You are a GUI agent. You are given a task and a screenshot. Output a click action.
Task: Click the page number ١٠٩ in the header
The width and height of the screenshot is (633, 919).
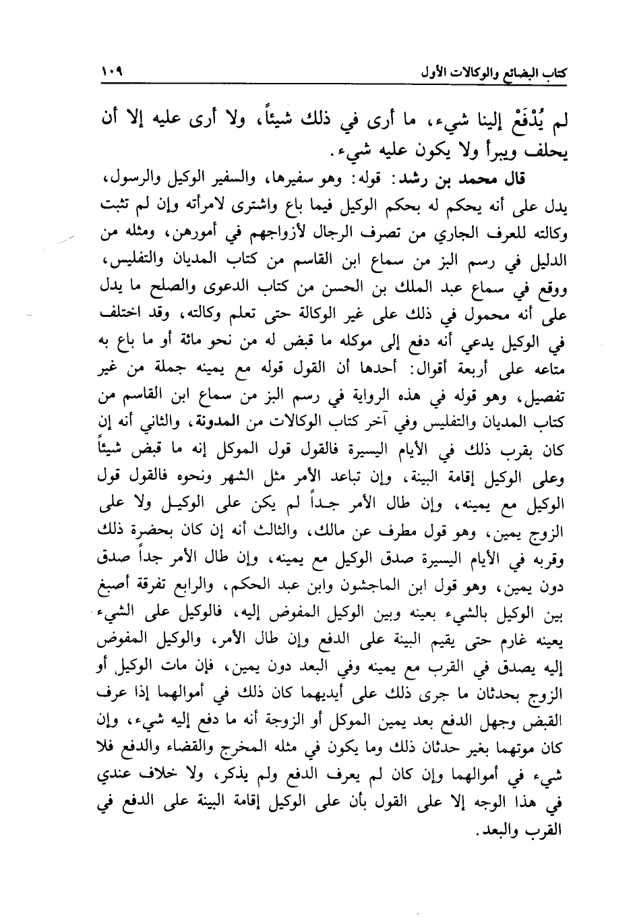[x=113, y=70]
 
